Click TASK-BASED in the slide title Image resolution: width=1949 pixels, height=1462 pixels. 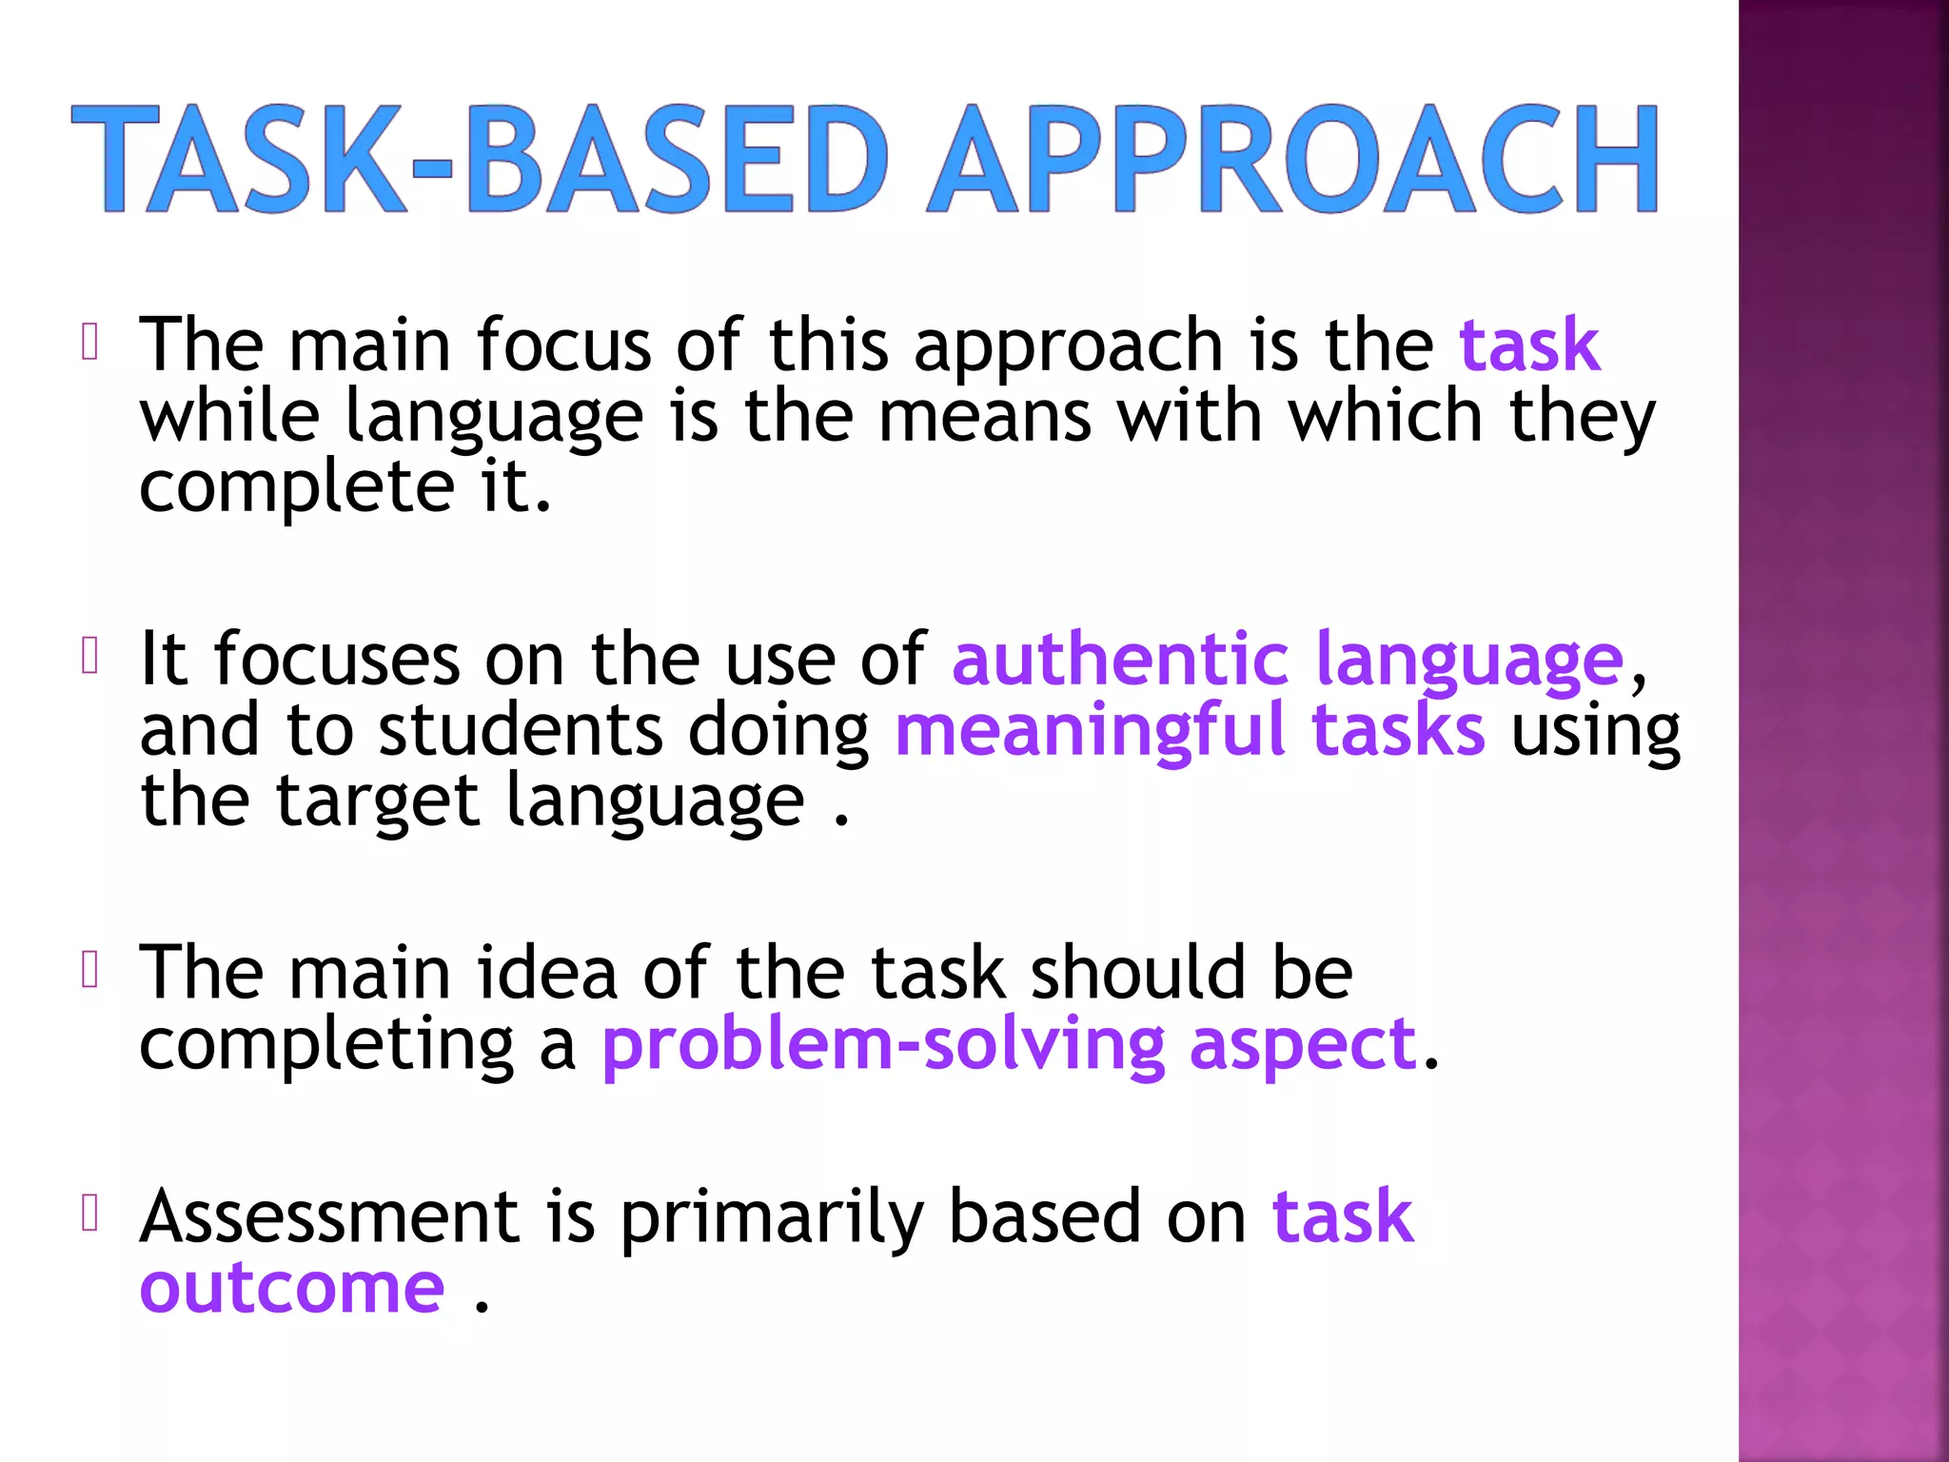(481, 160)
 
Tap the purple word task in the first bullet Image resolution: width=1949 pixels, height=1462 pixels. (1529, 345)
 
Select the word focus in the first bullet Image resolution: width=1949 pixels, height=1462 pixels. (563, 345)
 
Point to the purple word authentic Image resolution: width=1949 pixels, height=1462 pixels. (1120, 659)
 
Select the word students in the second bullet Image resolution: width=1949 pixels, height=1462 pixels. (520, 731)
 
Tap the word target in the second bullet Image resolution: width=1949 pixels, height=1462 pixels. (377, 801)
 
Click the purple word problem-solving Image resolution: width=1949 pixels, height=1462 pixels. (883, 1045)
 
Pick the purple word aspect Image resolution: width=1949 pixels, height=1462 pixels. (1303, 1045)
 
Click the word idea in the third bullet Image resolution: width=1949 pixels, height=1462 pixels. (546, 973)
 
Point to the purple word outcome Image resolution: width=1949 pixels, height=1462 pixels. (292, 1289)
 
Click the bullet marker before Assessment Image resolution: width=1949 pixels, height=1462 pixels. (90, 1214)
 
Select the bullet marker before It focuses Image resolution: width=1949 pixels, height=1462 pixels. (90, 656)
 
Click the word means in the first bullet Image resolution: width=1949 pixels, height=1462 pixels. (985, 417)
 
